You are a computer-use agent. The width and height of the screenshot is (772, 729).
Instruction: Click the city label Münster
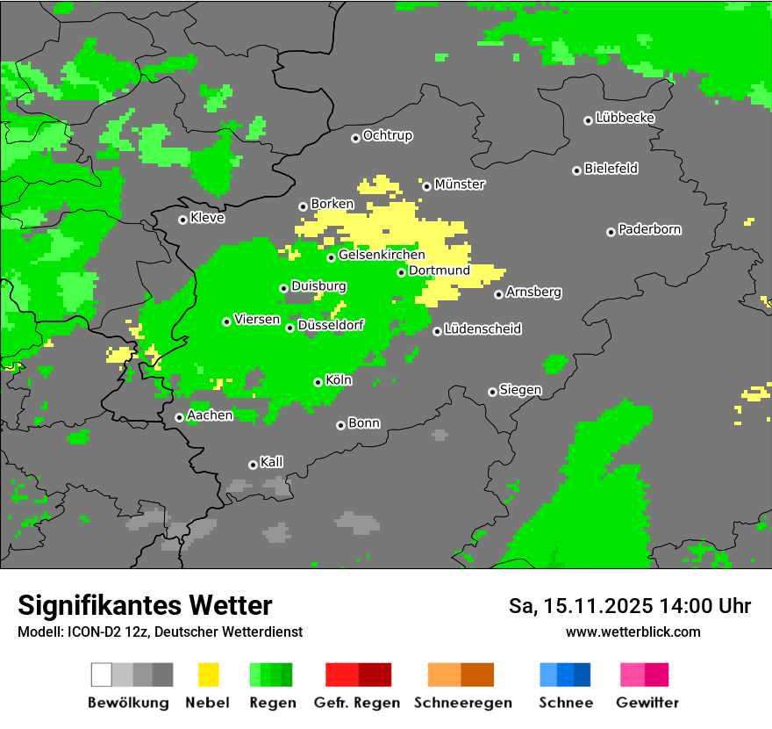(460, 184)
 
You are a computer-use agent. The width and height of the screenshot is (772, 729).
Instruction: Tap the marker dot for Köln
(318, 382)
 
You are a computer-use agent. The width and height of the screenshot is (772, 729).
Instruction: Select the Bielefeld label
(611, 169)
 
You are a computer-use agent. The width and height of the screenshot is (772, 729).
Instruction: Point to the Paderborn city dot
(611, 232)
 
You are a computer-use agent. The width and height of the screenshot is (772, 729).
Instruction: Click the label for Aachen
(210, 415)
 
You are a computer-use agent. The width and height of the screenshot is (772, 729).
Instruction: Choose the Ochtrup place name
(387, 135)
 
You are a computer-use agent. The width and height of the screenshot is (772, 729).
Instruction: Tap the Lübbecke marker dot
(588, 120)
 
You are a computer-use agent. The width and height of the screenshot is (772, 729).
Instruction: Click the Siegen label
(520, 390)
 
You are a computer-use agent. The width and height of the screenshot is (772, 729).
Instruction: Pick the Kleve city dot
(182, 220)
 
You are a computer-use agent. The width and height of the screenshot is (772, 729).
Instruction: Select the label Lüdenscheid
(482, 329)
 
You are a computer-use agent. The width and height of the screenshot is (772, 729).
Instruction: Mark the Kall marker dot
(253, 465)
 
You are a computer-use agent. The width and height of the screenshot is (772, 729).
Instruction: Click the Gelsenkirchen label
(382, 255)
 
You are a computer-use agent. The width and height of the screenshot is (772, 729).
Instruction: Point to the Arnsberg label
(533, 292)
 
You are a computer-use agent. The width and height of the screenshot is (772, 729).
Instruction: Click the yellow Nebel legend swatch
(208, 675)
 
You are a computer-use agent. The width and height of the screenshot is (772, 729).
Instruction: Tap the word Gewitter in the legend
(647, 703)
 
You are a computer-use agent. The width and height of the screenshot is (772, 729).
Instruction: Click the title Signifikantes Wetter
(145, 606)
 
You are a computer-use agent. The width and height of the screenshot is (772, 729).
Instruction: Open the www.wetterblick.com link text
(633, 632)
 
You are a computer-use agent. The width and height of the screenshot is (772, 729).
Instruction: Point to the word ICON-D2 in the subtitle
(88, 632)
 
